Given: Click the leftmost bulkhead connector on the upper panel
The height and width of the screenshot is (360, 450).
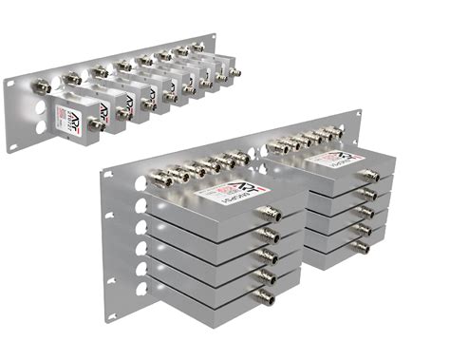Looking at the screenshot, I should pyautogui.click(x=44, y=86).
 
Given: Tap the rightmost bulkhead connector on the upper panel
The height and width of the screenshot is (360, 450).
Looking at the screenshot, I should pyautogui.click(x=197, y=46).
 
